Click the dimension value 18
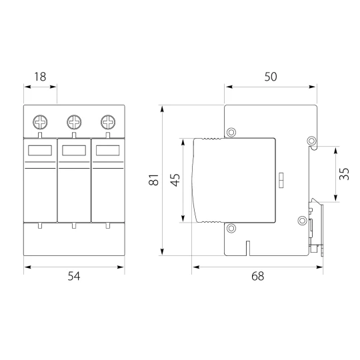[40, 77]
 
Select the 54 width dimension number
[74, 276]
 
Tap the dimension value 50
[271, 77]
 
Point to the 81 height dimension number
[153, 180]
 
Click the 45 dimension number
[175, 180]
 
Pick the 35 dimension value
[344, 174]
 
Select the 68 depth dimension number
[258, 276]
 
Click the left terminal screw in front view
[40, 122]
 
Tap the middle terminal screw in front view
[74, 122]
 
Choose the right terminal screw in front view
[108, 122]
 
